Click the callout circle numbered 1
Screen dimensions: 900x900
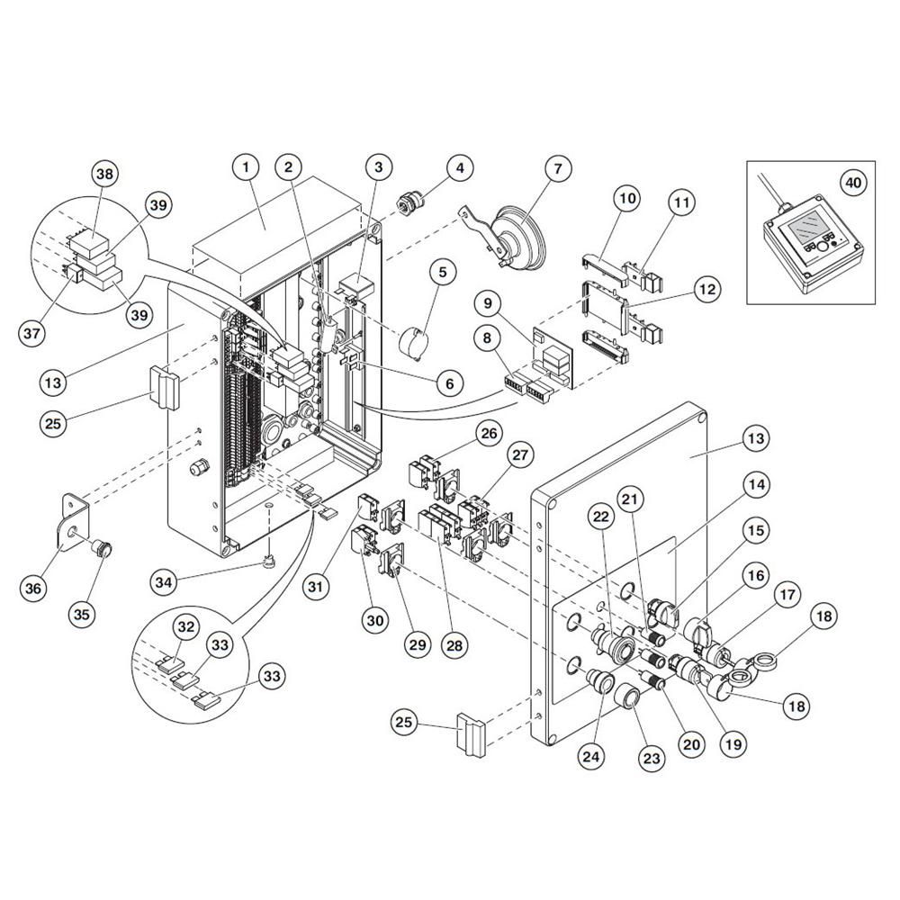[x=246, y=167]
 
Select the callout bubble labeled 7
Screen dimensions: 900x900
[x=558, y=168]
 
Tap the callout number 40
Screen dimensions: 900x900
[x=853, y=182]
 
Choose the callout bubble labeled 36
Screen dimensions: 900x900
[x=33, y=588]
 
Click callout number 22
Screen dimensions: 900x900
[x=600, y=517]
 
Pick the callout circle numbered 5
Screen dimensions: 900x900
[x=443, y=272]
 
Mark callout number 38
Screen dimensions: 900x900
[x=105, y=173]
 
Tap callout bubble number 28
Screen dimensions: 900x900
[x=454, y=645]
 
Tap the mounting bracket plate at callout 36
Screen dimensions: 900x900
[x=73, y=519]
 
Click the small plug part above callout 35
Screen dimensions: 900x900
[x=103, y=548]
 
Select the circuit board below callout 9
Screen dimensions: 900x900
[x=553, y=358]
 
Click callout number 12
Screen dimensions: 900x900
[x=707, y=289]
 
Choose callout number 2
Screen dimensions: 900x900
[x=288, y=167]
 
